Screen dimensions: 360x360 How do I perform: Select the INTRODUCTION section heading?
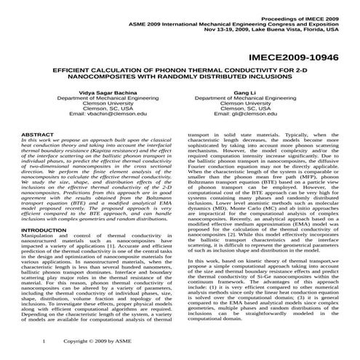tap(47, 230)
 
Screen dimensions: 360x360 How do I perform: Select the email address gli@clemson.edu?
tap(245, 114)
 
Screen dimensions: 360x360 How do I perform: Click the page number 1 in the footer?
tap(45, 340)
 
